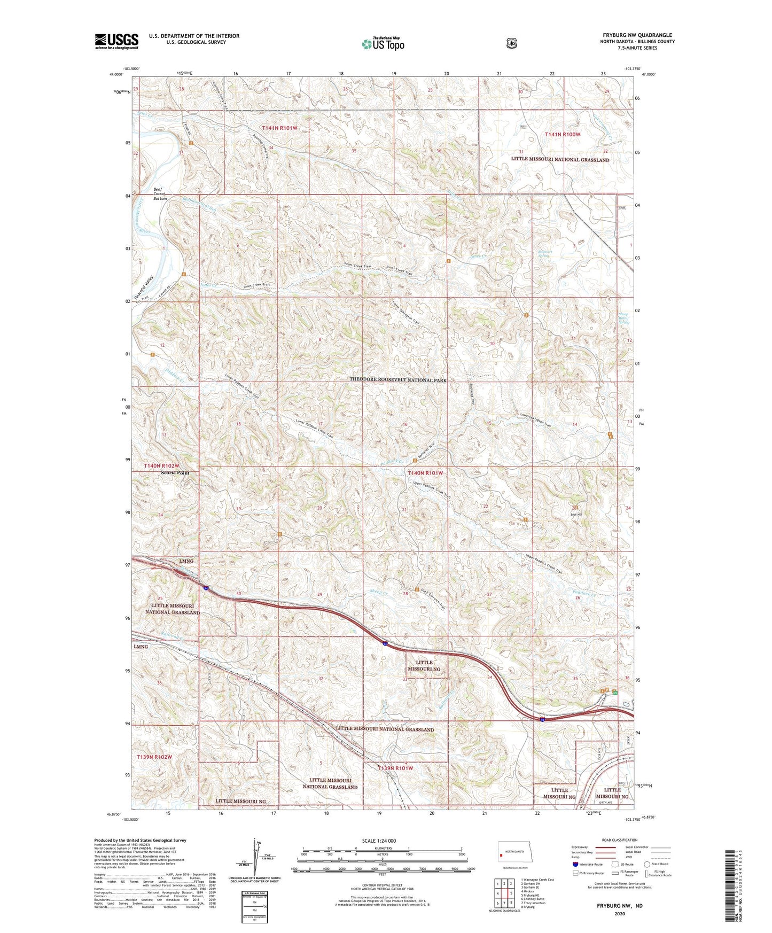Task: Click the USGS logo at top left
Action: tap(116, 41)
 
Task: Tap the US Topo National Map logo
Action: tap(383, 43)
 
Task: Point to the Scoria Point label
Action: tap(175, 473)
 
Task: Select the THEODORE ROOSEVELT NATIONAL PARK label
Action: tap(398, 379)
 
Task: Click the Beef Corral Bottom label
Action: tap(160, 193)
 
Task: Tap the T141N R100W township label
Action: tap(562, 134)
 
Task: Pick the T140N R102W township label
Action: tap(161, 466)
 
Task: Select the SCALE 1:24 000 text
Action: tap(379, 841)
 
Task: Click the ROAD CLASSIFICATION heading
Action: tap(619, 840)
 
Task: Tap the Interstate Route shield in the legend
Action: tap(575, 864)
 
